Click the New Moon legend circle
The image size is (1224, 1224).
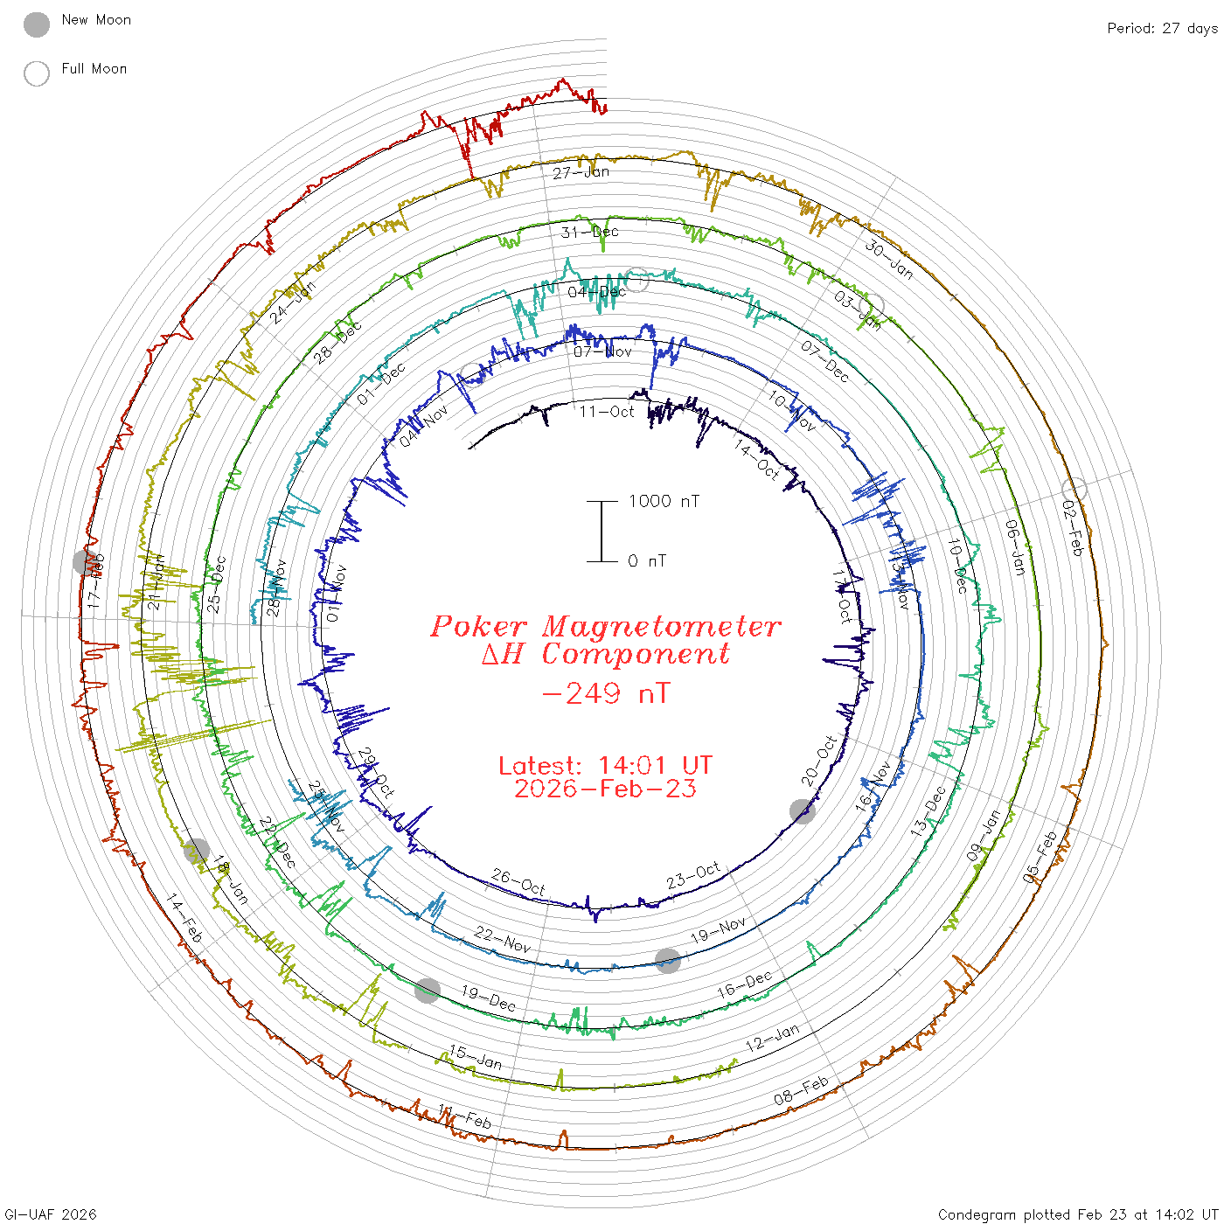click(x=37, y=24)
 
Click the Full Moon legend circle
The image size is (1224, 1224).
click(x=37, y=73)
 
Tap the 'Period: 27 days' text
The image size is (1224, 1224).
click(x=1162, y=28)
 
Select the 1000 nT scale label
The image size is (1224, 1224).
click(x=664, y=501)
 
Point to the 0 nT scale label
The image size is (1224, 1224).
click(x=647, y=560)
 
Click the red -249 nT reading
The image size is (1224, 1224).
click(x=606, y=693)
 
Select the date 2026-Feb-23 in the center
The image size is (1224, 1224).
click(x=606, y=789)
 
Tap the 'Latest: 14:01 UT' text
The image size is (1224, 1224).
click(x=606, y=765)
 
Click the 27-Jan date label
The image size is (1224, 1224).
click(x=581, y=172)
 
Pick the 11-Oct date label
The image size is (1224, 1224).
click(x=607, y=411)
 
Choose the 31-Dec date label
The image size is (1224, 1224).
click(x=590, y=232)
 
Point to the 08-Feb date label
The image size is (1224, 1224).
click(x=801, y=1090)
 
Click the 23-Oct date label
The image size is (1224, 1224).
click(x=693, y=875)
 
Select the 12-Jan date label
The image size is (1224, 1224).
click(x=773, y=1038)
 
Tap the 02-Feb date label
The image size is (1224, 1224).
click(x=1072, y=528)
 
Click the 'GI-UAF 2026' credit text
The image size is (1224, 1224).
click(x=51, y=1214)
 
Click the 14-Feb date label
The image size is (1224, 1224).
click(x=184, y=918)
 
